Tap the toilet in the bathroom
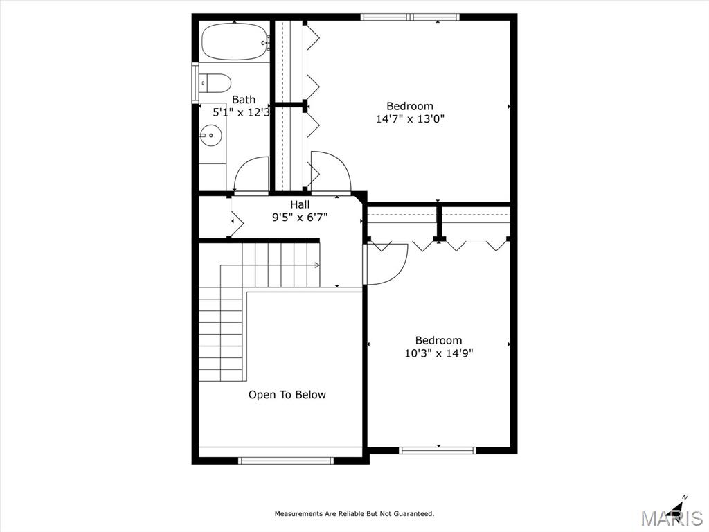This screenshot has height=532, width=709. pyautogui.click(x=215, y=83)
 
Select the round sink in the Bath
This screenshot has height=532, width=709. pyautogui.click(x=210, y=135)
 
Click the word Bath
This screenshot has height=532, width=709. pyautogui.click(x=244, y=100)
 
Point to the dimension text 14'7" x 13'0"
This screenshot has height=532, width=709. pyautogui.click(x=410, y=119)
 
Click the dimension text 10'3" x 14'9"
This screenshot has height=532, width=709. pyautogui.click(x=438, y=353)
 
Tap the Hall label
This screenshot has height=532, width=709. pyautogui.click(x=300, y=204)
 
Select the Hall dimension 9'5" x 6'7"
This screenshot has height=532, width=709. pyautogui.click(x=299, y=218)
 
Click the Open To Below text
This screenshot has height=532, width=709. pyautogui.click(x=287, y=395)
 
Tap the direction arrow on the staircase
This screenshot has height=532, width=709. pyautogui.click(x=270, y=265)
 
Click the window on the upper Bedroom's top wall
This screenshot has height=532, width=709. pyautogui.click(x=410, y=17)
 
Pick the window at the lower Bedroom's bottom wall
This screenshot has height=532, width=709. pyautogui.click(x=438, y=450)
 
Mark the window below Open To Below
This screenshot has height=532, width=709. pyautogui.click(x=286, y=461)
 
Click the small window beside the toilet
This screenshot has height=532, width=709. pyautogui.click(x=195, y=83)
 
